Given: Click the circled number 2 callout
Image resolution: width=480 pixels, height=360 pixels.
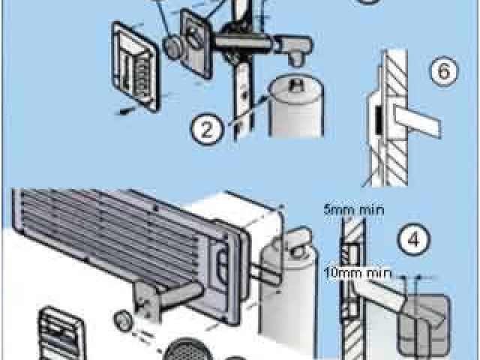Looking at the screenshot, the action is click(x=207, y=130).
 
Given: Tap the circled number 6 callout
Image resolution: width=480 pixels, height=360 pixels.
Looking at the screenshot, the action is click(x=444, y=72).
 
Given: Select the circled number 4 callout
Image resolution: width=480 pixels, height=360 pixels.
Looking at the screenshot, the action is click(x=413, y=239).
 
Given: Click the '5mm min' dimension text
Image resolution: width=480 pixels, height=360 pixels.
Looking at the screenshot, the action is click(x=354, y=210).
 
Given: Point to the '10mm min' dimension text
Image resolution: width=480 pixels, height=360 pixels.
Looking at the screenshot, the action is click(x=358, y=273).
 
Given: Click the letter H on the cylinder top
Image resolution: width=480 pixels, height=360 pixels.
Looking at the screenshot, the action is click(x=297, y=85).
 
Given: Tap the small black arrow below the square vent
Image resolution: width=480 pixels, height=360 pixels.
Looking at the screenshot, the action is click(x=125, y=111).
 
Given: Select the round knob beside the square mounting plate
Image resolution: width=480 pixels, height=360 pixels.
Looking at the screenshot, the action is click(x=173, y=47).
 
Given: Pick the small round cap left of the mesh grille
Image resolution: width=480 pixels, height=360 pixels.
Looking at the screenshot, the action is click(x=123, y=320).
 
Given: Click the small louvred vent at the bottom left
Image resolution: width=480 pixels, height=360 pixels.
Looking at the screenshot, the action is click(x=61, y=334).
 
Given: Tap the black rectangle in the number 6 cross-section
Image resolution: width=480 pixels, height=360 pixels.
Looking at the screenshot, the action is click(x=379, y=120).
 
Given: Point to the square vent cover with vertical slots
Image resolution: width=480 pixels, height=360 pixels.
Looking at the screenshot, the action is click(x=135, y=66).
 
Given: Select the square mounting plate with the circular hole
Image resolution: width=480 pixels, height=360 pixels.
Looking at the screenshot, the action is click(x=195, y=43).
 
